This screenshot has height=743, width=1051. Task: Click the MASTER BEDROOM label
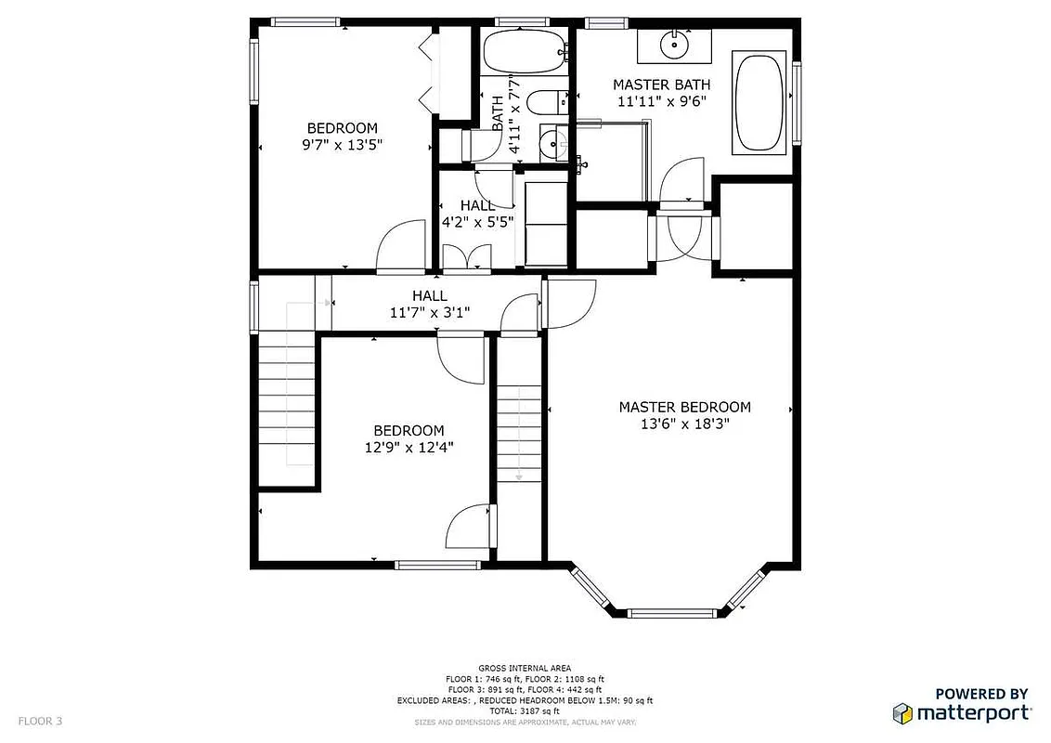pos(684,407)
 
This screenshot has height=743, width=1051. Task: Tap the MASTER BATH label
pos(661,85)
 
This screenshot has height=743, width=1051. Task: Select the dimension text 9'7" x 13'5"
pos(344,145)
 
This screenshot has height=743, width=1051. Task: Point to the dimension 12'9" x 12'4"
pos(409,448)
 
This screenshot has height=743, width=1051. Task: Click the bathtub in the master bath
pos(760,103)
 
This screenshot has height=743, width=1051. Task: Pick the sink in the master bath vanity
pos(673,42)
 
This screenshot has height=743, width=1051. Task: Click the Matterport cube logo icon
pos(902,713)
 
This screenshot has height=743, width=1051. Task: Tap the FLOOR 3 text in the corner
pos(40,721)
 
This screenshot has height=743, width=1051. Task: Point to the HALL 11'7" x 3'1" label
pos(430,305)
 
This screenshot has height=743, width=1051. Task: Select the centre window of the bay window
pos(673,613)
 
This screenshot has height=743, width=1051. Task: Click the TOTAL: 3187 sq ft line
pos(525,710)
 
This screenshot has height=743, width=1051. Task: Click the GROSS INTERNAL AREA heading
pos(525,668)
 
